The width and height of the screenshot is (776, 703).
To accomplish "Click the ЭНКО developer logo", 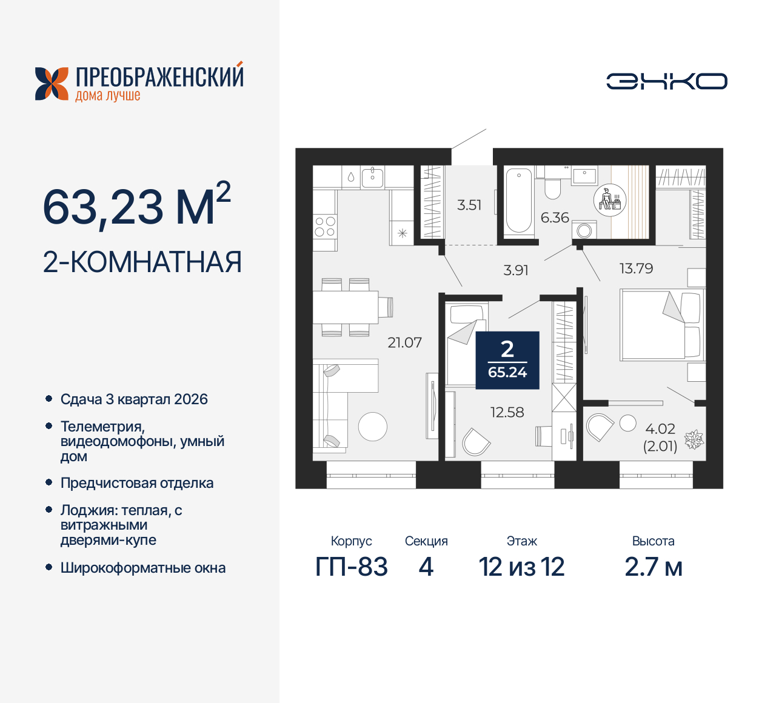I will [x=666, y=81].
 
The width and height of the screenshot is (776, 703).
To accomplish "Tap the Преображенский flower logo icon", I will [x=52, y=84].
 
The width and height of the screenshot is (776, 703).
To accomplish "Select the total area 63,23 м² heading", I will [x=136, y=206].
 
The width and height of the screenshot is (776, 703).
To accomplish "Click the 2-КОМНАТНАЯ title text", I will [x=142, y=262].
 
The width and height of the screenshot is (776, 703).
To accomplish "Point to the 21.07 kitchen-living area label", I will [x=404, y=342].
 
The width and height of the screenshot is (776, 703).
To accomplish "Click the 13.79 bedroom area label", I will [x=636, y=268].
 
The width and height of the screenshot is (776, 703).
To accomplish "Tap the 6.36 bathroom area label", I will [x=555, y=218].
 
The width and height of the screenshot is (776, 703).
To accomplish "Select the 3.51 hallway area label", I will [x=469, y=205].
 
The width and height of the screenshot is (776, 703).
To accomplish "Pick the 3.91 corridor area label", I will [x=516, y=270].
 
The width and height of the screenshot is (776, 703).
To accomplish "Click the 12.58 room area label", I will [x=507, y=412].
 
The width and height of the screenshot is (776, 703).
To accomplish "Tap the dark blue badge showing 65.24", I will [x=507, y=361].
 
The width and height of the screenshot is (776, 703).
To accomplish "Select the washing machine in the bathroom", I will [x=584, y=230].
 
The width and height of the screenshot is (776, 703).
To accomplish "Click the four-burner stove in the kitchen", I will [x=325, y=227].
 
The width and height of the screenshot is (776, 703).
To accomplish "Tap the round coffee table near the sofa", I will [x=372, y=427].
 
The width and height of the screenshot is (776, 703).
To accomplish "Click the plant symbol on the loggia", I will [x=694, y=439].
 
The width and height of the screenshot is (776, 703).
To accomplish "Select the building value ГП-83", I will [x=352, y=567].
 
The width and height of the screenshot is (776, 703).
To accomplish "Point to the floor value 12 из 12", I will [x=521, y=567].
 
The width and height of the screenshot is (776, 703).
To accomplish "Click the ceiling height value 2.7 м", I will [x=653, y=567].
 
